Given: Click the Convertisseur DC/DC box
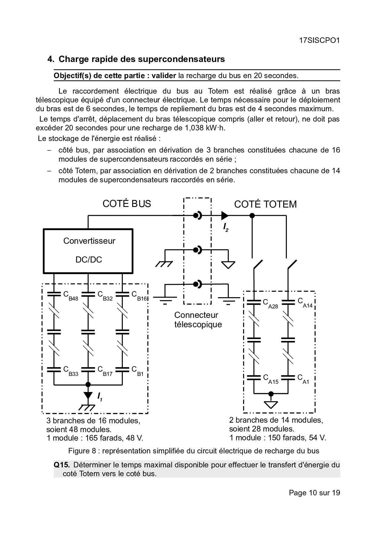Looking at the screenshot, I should pos(88,251).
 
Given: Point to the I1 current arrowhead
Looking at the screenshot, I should pos(88,395).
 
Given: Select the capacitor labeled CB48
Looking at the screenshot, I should pos(54,294).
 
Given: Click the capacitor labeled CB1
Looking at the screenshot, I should pos(123,370).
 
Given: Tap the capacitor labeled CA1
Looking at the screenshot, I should pos(288,377).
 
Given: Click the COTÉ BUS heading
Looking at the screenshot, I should pos(126,204).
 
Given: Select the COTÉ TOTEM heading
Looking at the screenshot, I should pos(265,204).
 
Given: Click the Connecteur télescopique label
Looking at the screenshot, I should pos(198,320).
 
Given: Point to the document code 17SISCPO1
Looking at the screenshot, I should pos(319,40).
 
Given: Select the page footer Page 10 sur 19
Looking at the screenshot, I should pos(314,493).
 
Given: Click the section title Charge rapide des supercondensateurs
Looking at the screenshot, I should pos(142,59).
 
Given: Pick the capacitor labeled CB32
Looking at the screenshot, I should pos(88,294).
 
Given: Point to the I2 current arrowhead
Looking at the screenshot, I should pos(225,215).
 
